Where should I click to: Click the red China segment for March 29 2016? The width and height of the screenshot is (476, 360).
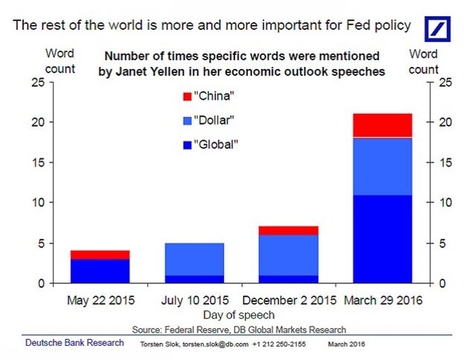tap(382, 125)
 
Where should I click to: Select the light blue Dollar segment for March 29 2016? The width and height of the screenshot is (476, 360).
tap(382, 167)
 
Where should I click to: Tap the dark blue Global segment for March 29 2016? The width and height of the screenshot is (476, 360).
tap(382, 239)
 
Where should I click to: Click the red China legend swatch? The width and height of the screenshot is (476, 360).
tap(187, 96)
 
